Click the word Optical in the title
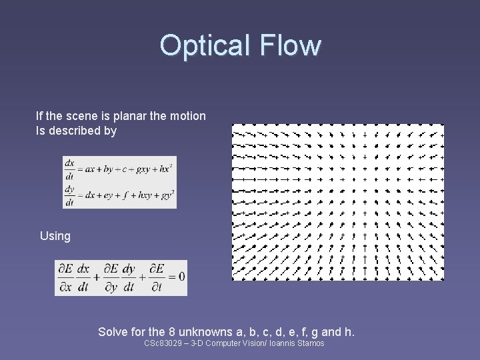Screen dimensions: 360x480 click(x=203, y=45)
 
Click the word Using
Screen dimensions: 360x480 click(x=55, y=236)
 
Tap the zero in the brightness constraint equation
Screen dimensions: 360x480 click(x=181, y=277)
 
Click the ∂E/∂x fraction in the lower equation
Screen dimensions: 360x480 click(x=65, y=277)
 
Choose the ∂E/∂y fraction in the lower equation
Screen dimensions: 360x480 click(x=111, y=277)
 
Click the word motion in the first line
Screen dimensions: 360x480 click(x=189, y=116)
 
